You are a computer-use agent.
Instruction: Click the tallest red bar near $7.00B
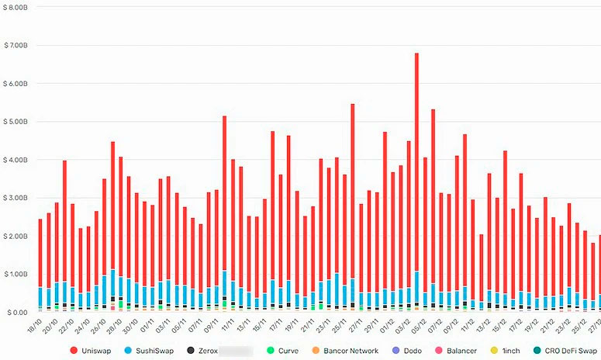[416, 155]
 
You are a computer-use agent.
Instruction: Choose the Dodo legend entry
[412, 351]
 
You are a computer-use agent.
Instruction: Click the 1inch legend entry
[510, 351]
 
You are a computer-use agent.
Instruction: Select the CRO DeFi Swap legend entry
[568, 351]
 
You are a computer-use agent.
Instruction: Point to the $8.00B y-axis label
[15, 7]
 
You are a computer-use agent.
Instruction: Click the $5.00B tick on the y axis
[15, 122]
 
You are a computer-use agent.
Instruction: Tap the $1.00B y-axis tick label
[15, 274]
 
